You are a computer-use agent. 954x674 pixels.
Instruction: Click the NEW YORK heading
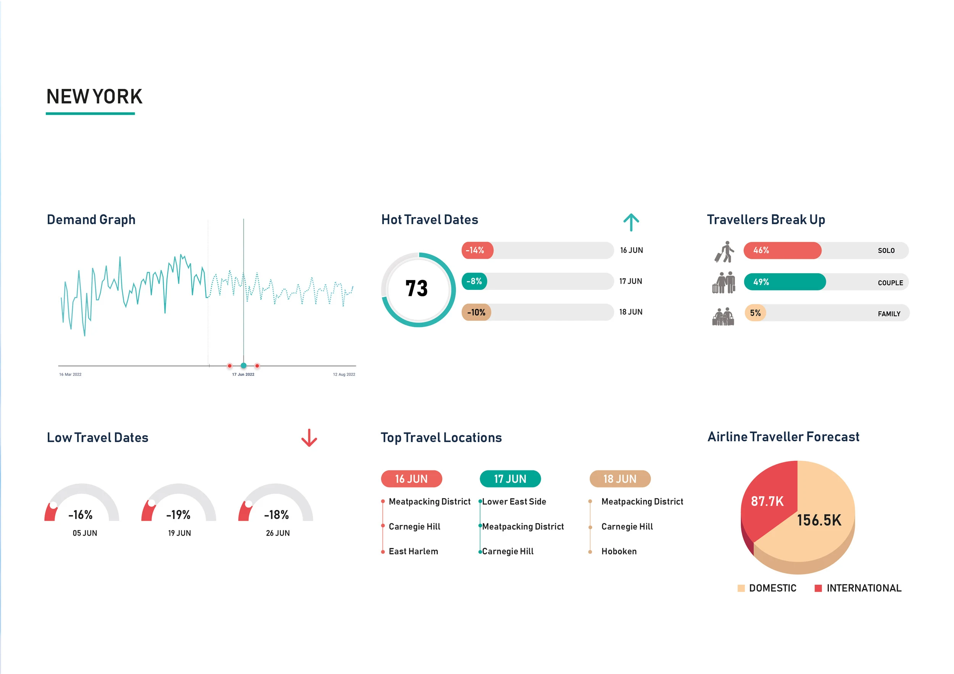tap(94, 97)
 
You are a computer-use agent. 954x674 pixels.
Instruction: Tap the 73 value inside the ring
tap(416, 289)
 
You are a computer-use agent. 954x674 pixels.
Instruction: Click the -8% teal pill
tap(474, 282)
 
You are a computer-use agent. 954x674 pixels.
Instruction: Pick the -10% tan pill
tap(476, 312)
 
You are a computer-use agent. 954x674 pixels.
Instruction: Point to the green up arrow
tap(631, 222)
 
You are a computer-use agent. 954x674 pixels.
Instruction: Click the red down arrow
tap(309, 438)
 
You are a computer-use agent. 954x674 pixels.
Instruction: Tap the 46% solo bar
tap(782, 251)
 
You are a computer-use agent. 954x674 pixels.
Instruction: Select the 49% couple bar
tap(784, 282)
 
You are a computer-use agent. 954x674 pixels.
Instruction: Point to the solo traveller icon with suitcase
tap(724, 252)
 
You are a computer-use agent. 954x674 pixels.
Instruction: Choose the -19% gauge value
tap(178, 515)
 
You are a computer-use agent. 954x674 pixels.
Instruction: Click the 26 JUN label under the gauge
tap(277, 533)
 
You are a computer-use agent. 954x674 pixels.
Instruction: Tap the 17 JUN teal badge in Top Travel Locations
tap(510, 479)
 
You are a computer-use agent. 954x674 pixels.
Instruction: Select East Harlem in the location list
tap(413, 552)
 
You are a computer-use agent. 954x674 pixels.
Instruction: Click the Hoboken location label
tap(619, 552)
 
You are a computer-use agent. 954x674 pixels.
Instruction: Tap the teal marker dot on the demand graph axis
tap(243, 365)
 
